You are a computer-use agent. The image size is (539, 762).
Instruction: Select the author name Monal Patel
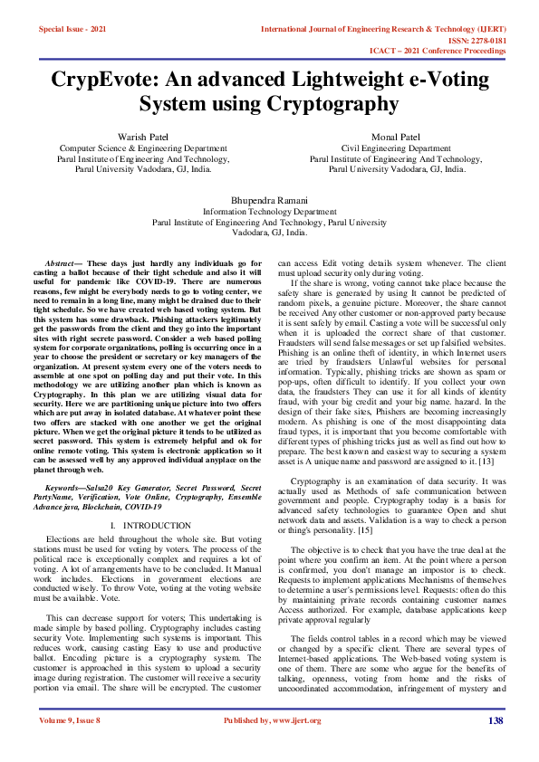(397, 136)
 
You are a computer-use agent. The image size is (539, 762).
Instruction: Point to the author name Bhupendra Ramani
(270, 199)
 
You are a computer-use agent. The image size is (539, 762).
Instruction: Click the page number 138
(495, 746)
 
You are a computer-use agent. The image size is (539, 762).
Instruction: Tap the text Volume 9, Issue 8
(69, 746)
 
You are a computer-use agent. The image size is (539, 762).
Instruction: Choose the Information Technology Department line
(270, 211)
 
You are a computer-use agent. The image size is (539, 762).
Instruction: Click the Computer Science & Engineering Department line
(143, 148)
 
